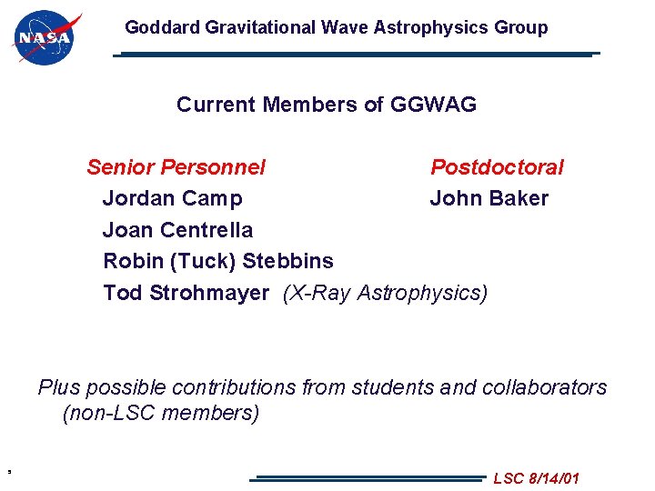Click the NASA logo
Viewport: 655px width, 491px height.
coord(45,37)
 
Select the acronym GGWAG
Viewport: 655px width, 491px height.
coord(433,105)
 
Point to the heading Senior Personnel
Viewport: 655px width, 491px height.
coord(176,167)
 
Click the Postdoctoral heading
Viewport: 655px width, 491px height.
coord(497,167)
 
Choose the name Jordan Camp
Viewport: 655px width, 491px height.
coord(172,198)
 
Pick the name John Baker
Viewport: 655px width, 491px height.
coord(489,198)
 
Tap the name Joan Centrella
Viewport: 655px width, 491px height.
coord(177,230)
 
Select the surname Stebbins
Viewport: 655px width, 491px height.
coord(287,261)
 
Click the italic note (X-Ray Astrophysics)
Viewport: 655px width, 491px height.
coord(386,293)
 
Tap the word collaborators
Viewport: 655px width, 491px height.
coord(537,387)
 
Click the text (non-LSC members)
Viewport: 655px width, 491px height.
coord(160,413)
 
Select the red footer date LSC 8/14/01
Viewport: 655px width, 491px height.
coord(536,478)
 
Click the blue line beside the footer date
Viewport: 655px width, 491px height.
coord(368,477)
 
